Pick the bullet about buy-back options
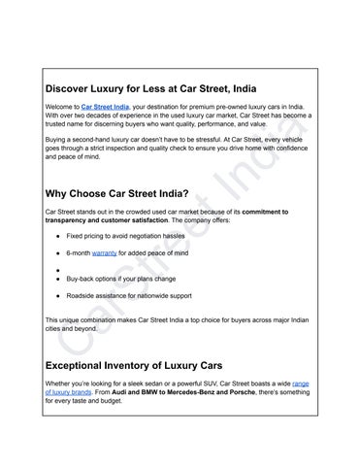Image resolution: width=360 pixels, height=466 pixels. point(133,277)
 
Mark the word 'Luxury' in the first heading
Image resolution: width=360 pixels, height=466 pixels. point(157,86)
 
